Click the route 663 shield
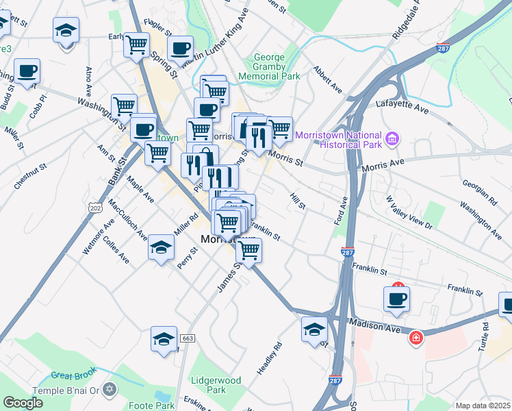188,338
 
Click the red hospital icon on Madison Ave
415,338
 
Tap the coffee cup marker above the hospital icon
398,298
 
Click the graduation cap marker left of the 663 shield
164,338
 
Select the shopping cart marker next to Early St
136,45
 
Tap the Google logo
23,403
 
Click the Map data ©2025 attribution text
483,406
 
